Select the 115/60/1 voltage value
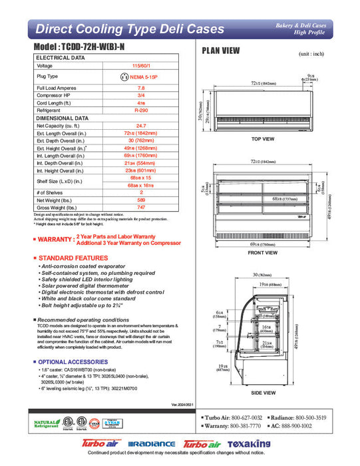pos(140,66)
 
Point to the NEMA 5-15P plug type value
pos(140,77)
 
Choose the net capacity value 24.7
pos(140,125)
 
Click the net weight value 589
pos(140,200)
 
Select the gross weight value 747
pos(140,208)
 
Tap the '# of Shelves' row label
pos(51,192)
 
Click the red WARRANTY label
pos(55,239)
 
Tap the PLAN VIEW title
pos(221,51)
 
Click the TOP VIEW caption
pos(263,139)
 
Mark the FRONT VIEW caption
pos(262,253)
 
